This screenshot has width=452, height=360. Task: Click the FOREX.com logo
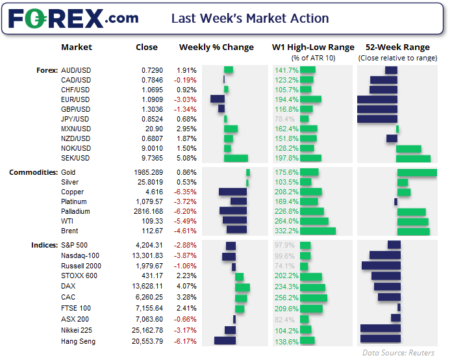click(73, 18)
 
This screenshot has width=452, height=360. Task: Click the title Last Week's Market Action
click(250, 18)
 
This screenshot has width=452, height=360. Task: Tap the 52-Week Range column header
click(397, 47)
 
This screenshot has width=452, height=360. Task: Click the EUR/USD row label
click(75, 99)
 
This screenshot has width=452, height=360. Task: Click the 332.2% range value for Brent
click(287, 231)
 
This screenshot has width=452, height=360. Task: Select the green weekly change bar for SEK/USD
click(236, 158)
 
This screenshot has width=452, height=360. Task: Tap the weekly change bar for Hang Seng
click(225, 340)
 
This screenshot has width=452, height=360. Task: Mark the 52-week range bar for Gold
click(417, 172)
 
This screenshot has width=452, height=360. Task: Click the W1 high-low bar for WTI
click(315, 221)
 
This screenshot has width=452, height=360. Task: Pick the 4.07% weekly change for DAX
click(187, 285)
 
